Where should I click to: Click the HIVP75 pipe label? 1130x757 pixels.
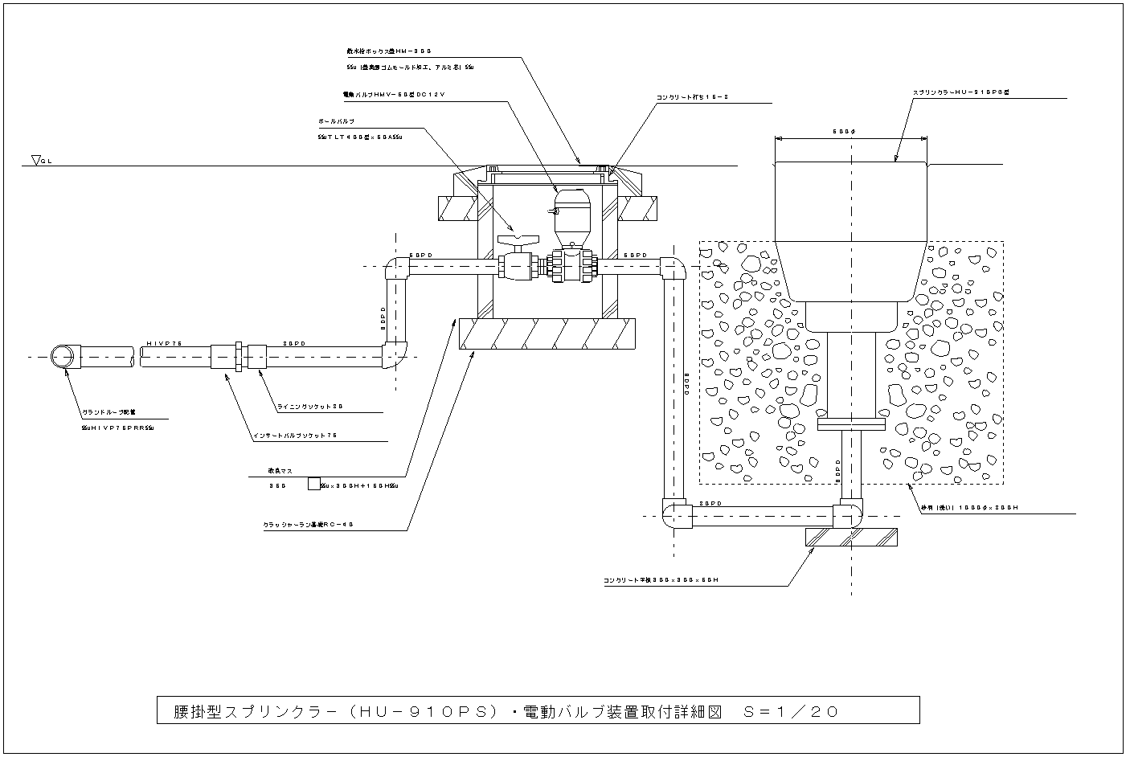coord(165,343)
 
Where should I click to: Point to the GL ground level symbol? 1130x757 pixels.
coord(38,161)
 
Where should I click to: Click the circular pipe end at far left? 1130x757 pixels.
coord(62,356)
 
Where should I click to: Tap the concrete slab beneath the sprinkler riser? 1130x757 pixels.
coord(851,538)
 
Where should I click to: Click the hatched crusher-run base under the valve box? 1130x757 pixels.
coord(547,333)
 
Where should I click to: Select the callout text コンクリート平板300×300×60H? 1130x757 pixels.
coord(661,579)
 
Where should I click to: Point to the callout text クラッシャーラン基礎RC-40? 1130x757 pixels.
coord(309,525)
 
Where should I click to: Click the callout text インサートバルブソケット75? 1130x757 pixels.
coord(295,436)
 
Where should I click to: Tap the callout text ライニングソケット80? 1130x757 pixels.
coord(310,407)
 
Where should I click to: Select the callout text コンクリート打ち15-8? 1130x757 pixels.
coord(693,97)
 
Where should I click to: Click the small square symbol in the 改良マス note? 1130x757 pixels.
coord(313,485)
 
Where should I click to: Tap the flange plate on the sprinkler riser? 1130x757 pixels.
coord(850,423)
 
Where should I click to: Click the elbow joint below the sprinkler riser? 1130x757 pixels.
coord(847,514)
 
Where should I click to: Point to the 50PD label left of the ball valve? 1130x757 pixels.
coord(421,255)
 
